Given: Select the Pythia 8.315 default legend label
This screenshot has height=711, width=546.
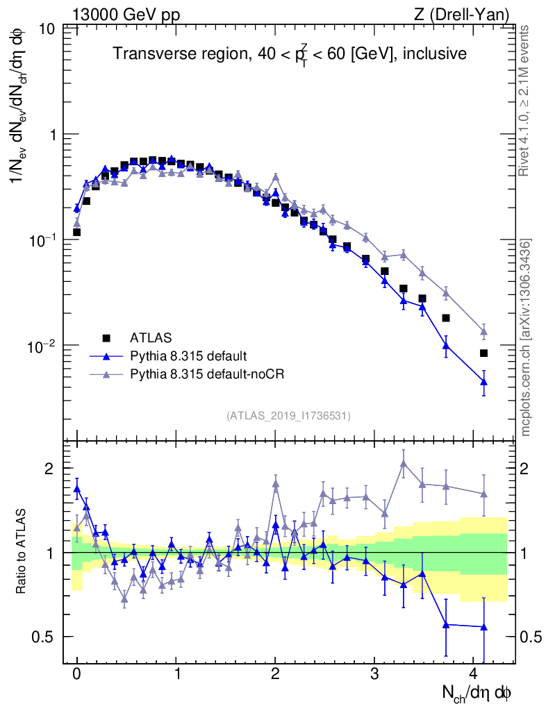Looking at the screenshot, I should (x=188, y=356).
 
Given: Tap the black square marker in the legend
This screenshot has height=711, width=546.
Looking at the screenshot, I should (x=106, y=338).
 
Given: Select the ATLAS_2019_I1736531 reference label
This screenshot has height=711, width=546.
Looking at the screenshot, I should (x=288, y=416).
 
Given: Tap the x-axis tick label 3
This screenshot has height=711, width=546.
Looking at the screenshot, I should (x=374, y=673).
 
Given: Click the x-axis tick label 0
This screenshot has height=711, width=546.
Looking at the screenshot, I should (x=76, y=673).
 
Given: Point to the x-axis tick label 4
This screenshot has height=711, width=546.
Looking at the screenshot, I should (x=474, y=673).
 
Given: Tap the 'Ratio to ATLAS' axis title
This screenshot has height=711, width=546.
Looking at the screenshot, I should (x=22, y=553).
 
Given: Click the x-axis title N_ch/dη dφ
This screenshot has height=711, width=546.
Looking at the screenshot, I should (x=477, y=692).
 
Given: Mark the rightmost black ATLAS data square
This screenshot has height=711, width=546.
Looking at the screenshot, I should (x=483, y=353).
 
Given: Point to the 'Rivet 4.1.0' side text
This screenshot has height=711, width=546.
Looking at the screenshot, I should (x=526, y=104).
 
